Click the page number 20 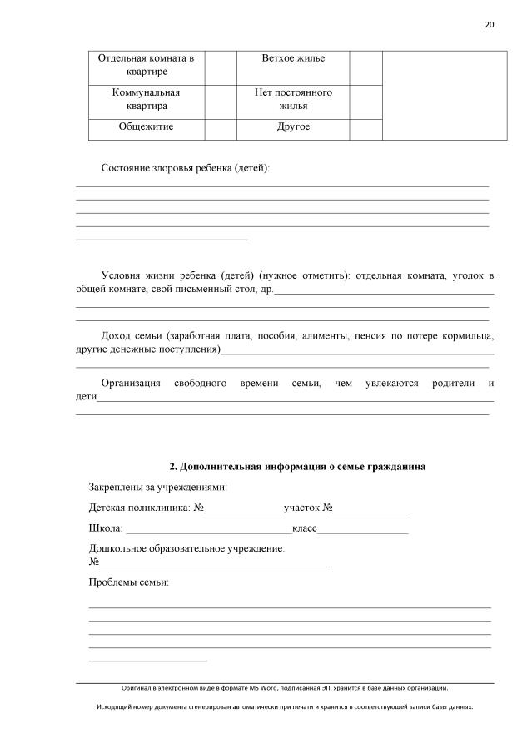tap(489, 25)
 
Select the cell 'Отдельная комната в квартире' tap(146, 65)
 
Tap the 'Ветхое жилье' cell tap(293, 58)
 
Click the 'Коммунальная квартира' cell tap(146, 99)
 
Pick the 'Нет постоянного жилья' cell tap(293, 99)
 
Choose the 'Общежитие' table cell tap(146, 127)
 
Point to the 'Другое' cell tap(293, 127)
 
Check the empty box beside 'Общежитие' tap(221, 128)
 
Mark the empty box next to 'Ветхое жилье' tap(365, 66)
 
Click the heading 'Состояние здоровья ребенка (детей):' tap(186, 168)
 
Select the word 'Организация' tap(131, 383)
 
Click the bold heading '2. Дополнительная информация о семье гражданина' tap(297, 467)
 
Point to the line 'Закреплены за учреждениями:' tap(158, 487)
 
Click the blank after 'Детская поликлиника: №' tap(244, 508)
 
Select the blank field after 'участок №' tap(371, 508)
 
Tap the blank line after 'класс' tap(363, 529)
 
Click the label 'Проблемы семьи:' tap(129, 582)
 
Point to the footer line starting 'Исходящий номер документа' tap(285, 706)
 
